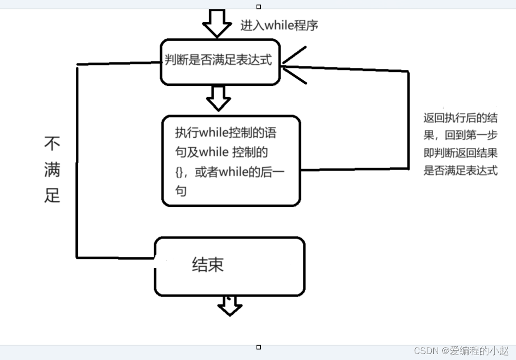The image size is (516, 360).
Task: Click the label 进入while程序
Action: tap(279, 25)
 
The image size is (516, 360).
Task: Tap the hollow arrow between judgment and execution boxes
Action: tap(218, 98)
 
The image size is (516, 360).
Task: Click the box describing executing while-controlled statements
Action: tap(231, 161)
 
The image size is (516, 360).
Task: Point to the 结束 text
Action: tap(208, 264)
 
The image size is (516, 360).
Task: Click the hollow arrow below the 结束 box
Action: tap(229, 305)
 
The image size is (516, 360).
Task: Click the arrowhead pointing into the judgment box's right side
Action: tap(290, 65)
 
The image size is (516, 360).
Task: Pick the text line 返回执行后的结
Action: tap(460, 118)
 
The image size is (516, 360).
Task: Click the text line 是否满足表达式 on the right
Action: tap(460, 171)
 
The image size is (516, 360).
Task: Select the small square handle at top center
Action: tap(259, 7)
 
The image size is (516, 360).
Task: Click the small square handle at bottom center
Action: tap(259, 347)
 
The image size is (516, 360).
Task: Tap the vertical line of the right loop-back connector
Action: tap(408, 119)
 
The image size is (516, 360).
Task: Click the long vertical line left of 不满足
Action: tap(77, 164)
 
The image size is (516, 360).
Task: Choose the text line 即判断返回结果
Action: tap(460, 153)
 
